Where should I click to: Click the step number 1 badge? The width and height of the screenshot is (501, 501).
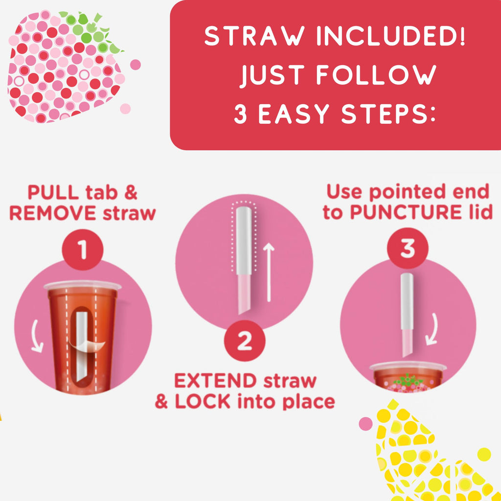[82, 250]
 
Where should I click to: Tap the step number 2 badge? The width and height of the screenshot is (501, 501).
[245, 341]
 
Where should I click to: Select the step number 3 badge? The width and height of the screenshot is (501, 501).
[408, 248]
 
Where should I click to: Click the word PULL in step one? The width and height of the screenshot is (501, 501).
[53, 193]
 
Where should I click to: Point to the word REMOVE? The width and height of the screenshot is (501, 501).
[53, 213]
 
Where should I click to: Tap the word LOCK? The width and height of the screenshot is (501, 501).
[203, 402]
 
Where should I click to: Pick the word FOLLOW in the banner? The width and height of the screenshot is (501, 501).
[376, 75]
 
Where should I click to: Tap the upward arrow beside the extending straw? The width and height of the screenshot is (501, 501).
[269, 272]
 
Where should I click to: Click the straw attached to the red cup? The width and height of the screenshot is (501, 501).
[81, 347]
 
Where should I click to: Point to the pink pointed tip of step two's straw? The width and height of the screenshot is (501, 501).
[244, 294]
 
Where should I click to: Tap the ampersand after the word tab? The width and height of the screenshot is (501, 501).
[131, 193]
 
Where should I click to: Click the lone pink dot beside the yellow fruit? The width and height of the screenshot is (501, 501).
[365, 424]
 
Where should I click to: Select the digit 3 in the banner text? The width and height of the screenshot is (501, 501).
[240, 114]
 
